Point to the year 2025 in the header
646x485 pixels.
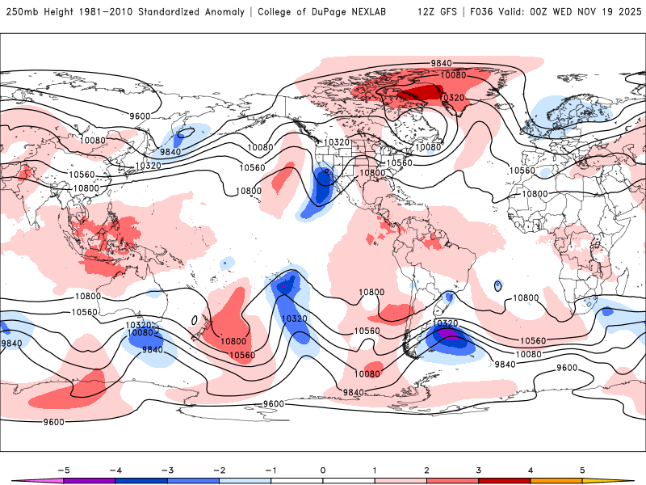[x=626, y=12]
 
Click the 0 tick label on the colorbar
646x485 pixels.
[x=323, y=470]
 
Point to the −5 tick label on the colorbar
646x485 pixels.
[x=61, y=470]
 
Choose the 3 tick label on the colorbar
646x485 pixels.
[x=479, y=470]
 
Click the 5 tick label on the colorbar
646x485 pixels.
[x=583, y=470]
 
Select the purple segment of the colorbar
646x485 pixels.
[x=89, y=480]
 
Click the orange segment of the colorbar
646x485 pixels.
[x=557, y=480]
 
